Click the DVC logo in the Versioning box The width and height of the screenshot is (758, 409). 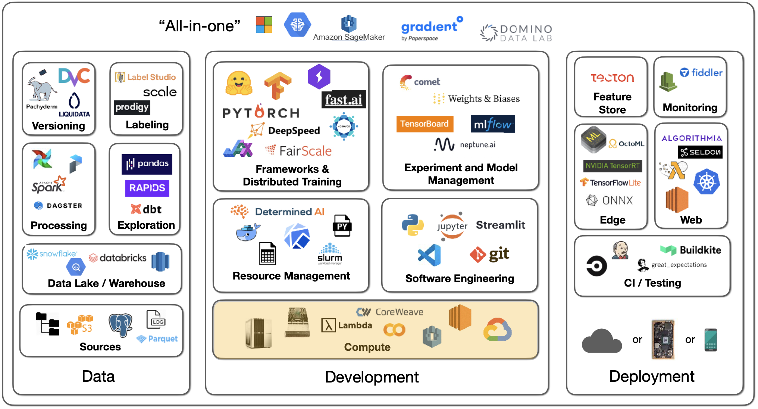click(x=74, y=77)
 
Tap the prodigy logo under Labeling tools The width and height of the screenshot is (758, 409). click(x=132, y=107)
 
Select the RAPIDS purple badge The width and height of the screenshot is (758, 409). click(x=147, y=188)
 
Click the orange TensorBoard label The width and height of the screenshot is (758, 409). click(x=425, y=124)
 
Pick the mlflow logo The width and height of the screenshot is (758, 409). click(x=492, y=124)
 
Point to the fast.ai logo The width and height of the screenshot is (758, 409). click(x=344, y=100)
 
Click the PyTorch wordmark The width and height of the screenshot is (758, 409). click(x=261, y=112)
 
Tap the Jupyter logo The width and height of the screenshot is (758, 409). click(x=452, y=226)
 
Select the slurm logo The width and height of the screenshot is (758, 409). click(x=330, y=254)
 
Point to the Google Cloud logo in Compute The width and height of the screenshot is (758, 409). click(x=497, y=330)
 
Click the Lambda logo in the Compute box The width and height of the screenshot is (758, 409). click(x=347, y=325)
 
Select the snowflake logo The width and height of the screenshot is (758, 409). click(x=52, y=254)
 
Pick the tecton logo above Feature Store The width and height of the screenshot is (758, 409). click(x=612, y=78)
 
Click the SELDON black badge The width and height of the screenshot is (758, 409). click(x=700, y=152)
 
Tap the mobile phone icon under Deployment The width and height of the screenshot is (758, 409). click(x=711, y=340)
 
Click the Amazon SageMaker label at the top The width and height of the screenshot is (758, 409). click(x=349, y=37)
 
